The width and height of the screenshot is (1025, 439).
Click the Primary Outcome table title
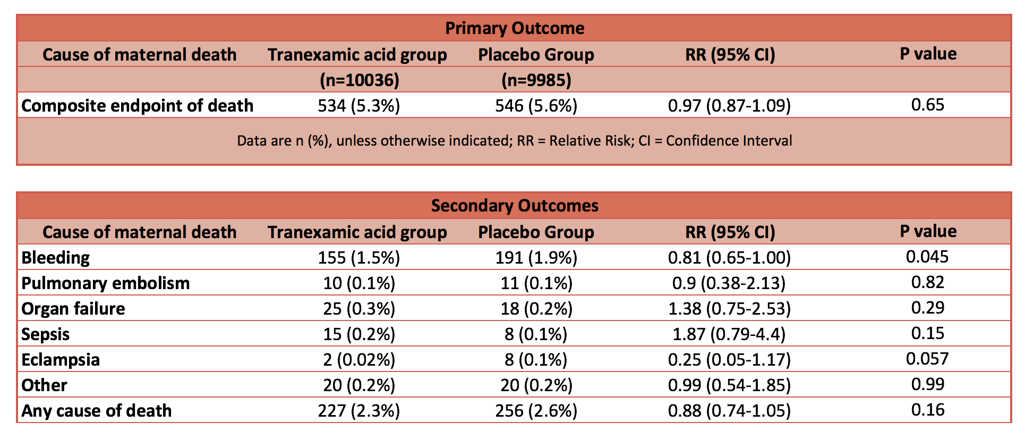pos(515,28)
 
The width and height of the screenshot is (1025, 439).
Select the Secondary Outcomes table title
pos(515,206)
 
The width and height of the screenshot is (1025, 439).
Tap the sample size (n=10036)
pos(359,80)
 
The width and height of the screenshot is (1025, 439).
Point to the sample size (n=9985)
pos(536,80)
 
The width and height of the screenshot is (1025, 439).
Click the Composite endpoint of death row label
pos(138,106)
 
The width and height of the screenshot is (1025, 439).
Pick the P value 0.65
pos(928,105)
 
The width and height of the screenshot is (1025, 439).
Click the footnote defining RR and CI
pos(515,141)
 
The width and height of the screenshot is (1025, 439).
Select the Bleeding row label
pos(56,258)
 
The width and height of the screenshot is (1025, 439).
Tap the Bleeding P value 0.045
pos(927,257)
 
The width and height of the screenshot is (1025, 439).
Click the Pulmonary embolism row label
pos(106,283)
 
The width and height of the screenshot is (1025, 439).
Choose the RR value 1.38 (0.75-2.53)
pos(729,309)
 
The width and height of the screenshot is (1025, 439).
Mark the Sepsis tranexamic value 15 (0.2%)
pos(359,334)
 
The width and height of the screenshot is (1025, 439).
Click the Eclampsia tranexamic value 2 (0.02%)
pos(359,360)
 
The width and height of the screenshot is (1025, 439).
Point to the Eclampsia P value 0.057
pos(927,359)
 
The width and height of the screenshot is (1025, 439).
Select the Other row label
pos(45,385)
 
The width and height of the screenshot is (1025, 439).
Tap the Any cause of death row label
pos(97,411)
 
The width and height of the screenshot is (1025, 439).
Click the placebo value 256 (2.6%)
pos(536,411)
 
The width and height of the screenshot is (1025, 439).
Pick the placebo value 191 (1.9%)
pos(536,258)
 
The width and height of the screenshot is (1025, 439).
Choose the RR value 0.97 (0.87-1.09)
pos(729,106)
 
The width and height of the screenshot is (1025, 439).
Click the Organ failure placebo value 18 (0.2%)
pos(536,309)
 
